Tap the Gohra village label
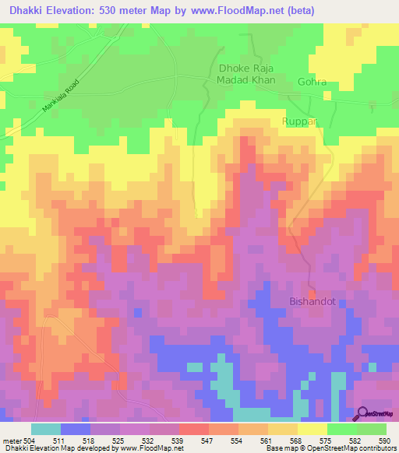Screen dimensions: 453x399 coord(312,82)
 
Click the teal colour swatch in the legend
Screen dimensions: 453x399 coord(45,429)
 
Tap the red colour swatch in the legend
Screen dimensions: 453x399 coord(193,429)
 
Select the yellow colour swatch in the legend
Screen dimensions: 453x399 coord(312,429)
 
